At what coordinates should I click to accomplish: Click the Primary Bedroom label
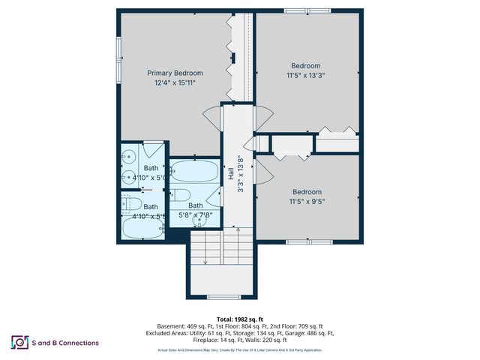(175, 73)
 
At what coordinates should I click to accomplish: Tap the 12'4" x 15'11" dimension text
(175, 82)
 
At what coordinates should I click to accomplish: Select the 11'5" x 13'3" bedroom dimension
(306, 75)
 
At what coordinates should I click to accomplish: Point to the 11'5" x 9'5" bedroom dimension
(306, 201)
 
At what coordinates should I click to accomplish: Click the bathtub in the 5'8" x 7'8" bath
(195, 172)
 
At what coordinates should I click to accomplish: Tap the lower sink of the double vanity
(127, 178)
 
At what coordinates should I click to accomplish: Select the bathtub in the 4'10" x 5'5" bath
(141, 229)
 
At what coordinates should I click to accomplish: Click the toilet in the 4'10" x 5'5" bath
(127, 203)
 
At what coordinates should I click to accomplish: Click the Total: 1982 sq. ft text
(240, 319)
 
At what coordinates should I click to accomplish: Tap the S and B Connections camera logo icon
(19, 343)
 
